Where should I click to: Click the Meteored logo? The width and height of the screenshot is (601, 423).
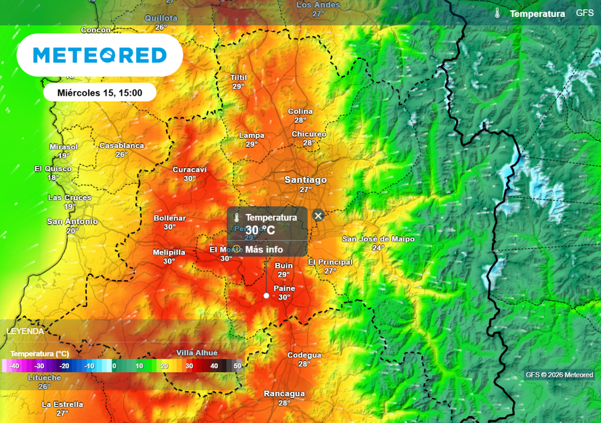click(x=100, y=55)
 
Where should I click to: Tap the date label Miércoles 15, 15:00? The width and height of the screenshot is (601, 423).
click(x=100, y=92)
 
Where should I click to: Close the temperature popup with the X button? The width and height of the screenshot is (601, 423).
click(x=318, y=216)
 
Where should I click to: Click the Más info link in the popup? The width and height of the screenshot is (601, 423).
click(x=264, y=250)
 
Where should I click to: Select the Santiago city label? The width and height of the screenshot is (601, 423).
click(x=305, y=180)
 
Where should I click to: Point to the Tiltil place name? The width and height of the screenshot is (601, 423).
click(x=238, y=78)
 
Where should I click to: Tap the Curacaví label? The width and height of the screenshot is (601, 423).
click(x=189, y=170)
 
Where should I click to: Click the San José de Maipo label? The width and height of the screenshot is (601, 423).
click(x=379, y=239)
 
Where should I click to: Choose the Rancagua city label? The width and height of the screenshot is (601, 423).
click(x=284, y=394)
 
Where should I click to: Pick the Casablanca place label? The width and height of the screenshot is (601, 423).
click(x=121, y=146)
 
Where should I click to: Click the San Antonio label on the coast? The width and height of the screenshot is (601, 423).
click(x=72, y=221)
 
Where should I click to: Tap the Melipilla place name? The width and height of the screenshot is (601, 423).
click(x=169, y=253)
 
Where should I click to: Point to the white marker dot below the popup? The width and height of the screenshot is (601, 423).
click(x=266, y=296)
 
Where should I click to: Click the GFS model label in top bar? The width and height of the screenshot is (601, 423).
click(x=585, y=13)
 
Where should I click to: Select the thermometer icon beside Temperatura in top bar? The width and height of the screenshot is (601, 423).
click(x=497, y=14)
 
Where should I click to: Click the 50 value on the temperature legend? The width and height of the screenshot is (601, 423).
click(x=237, y=366)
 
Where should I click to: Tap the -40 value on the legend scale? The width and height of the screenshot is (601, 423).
click(x=14, y=366)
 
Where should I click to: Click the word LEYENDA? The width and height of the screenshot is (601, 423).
click(x=25, y=331)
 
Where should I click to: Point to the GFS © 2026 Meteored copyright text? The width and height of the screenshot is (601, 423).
click(x=559, y=375)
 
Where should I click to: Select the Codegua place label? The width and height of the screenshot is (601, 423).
click(x=304, y=355)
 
